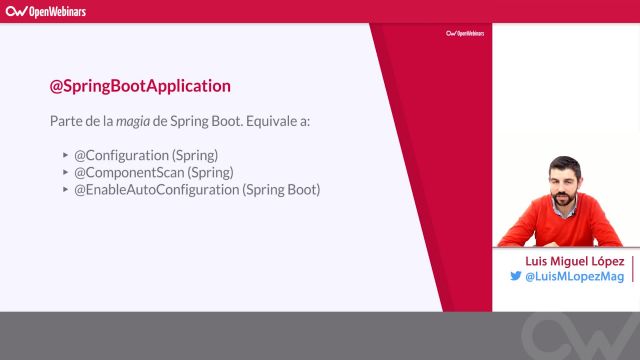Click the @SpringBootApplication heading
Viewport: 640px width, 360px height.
[x=140, y=86]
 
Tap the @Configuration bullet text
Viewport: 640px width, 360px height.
[x=146, y=155]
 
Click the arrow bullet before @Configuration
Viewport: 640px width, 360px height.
[x=65, y=156]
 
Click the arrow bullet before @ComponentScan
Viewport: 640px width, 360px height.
[x=65, y=173]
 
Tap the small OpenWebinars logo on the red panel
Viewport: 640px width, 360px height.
[x=464, y=33]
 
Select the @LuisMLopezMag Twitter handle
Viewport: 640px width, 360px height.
[x=574, y=277]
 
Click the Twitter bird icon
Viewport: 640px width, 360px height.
[x=515, y=277]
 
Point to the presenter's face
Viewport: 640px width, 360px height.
[x=563, y=186]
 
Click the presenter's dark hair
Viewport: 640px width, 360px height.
[x=563, y=163]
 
